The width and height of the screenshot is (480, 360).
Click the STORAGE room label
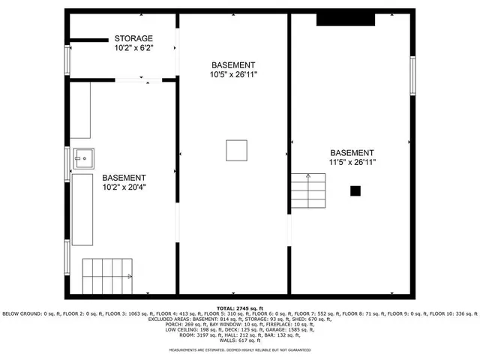(x=133, y=38)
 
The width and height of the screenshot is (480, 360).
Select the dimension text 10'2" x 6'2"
(x=133, y=48)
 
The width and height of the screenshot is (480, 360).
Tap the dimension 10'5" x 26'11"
(x=232, y=75)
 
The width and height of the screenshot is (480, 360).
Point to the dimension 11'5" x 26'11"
(x=352, y=161)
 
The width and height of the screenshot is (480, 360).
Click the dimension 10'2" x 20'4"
(x=124, y=187)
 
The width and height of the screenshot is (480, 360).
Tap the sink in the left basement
(x=83, y=158)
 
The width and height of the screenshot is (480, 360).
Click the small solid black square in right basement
(x=355, y=191)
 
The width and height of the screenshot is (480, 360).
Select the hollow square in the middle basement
(x=236, y=150)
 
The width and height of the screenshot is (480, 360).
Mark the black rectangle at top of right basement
(x=345, y=19)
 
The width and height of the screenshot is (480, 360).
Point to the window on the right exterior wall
(x=412, y=76)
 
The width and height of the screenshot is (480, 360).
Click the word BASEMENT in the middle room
(x=232, y=65)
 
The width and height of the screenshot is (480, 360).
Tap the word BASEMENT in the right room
(x=352, y=151)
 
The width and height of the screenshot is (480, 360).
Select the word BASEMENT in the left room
(x=124, y=178)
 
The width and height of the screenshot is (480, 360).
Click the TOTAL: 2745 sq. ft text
(x=239, y=308)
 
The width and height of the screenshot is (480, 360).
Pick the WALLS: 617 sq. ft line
(x=239, y=341)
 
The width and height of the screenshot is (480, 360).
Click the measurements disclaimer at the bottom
(x=239, y=350)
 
